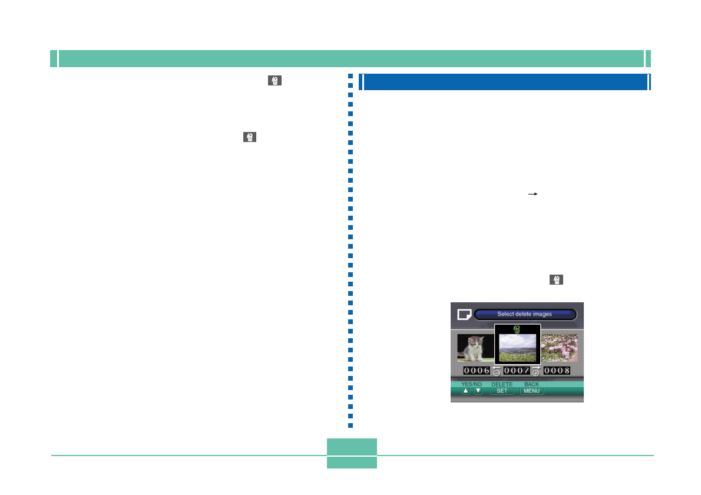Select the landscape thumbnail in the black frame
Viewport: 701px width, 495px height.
(x=517, y=348)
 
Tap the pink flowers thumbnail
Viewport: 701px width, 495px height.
(x=560, y=348)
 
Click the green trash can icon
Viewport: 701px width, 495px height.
(x=517, y=329)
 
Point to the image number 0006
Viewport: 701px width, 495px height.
(x=477, y=371)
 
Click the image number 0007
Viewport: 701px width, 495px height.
(x=517, y=371)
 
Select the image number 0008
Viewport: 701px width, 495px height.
(x=557, y=371)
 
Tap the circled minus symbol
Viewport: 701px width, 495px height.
(x=497, y=373)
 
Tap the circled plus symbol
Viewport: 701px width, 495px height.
(x=536, y=373)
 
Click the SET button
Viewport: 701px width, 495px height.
(x=502, y=391)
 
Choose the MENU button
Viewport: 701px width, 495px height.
(x=531, y=391)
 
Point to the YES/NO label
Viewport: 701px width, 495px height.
(x=471, y=384)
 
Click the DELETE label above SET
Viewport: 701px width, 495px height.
(x=502, y=384)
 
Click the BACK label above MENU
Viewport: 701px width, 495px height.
(x=531, y=384)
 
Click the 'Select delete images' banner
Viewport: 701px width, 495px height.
(x=525, y=314)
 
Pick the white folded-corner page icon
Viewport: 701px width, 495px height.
(x=464, y=315)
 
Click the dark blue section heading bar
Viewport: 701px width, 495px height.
(x=505, y=82)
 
